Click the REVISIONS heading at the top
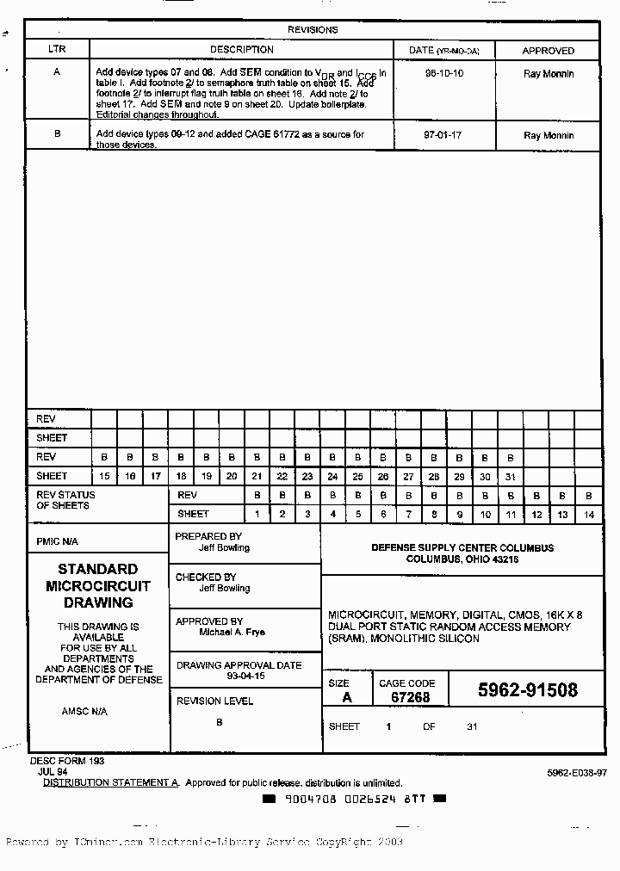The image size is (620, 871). (312, 29)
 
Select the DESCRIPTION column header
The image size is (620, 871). (242, 50)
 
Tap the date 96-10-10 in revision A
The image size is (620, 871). (444, 74)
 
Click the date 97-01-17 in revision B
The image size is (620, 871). (444, 135)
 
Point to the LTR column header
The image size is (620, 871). (57, 50)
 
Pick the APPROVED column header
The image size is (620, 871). (548, 51)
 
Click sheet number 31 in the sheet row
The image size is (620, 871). (510, 476)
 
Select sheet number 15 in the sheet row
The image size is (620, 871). (104, 476)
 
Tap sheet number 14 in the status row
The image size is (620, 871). (589, 515)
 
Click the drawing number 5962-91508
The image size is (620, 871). (528, 690)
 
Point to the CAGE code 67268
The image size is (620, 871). (410, 697)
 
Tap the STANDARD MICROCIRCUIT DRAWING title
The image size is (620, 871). (98, 586)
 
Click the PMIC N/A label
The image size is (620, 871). (57, 542)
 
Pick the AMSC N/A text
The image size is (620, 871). (84, 712)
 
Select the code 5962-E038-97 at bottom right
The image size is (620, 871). (576, 773)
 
